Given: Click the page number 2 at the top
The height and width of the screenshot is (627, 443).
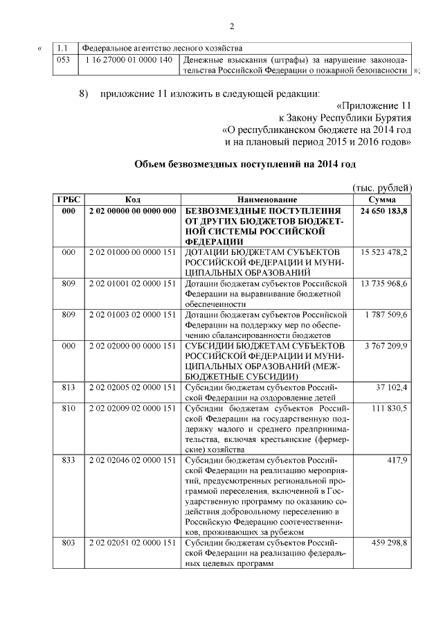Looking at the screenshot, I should tap(232, 26).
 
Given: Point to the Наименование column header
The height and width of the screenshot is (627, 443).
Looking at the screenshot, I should tap(266, 200).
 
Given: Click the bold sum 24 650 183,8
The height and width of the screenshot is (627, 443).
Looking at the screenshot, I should tap(383, 211).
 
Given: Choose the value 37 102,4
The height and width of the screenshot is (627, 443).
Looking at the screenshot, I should tap(394, 387).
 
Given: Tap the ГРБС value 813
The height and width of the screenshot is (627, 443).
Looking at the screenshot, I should tap(68, 387).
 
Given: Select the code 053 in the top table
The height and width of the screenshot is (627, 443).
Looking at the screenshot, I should tap(63, 60).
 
